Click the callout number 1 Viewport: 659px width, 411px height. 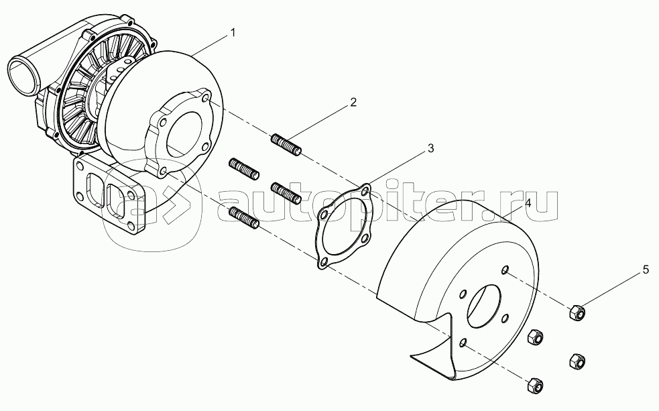coord(233,32)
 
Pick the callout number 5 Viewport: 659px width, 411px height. coord(645,270)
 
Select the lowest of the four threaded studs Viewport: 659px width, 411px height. coord(244,217)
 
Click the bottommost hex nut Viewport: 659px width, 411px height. coord(535,386)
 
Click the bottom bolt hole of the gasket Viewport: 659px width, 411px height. coord(323,263)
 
